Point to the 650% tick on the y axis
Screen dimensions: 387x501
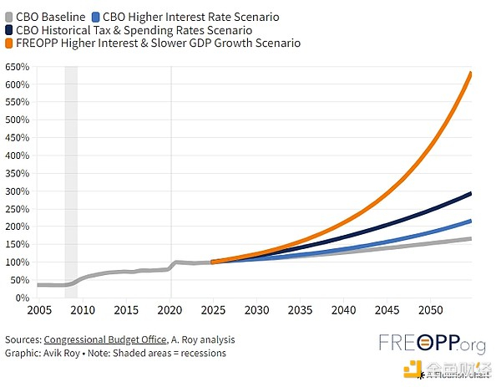click(16, 66)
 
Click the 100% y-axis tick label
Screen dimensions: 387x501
click(16, 262)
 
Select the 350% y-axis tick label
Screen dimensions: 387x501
click(16, 173)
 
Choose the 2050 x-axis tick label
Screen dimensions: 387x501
click(432, 310)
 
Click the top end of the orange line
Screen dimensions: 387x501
click(471, 74)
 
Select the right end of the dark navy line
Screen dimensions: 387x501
click(471, 194)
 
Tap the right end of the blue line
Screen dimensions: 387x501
click(471, 221)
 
